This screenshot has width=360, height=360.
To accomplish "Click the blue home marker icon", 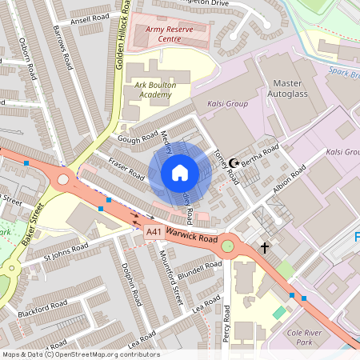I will coord(180,173).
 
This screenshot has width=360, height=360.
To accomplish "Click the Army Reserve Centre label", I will coord(168,33).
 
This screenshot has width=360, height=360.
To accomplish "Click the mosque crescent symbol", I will coord(234,162).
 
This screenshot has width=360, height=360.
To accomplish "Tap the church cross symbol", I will coord(265,248).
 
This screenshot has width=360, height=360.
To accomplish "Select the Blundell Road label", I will coord(200,270).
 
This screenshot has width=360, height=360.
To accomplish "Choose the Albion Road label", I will coord(289,179).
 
